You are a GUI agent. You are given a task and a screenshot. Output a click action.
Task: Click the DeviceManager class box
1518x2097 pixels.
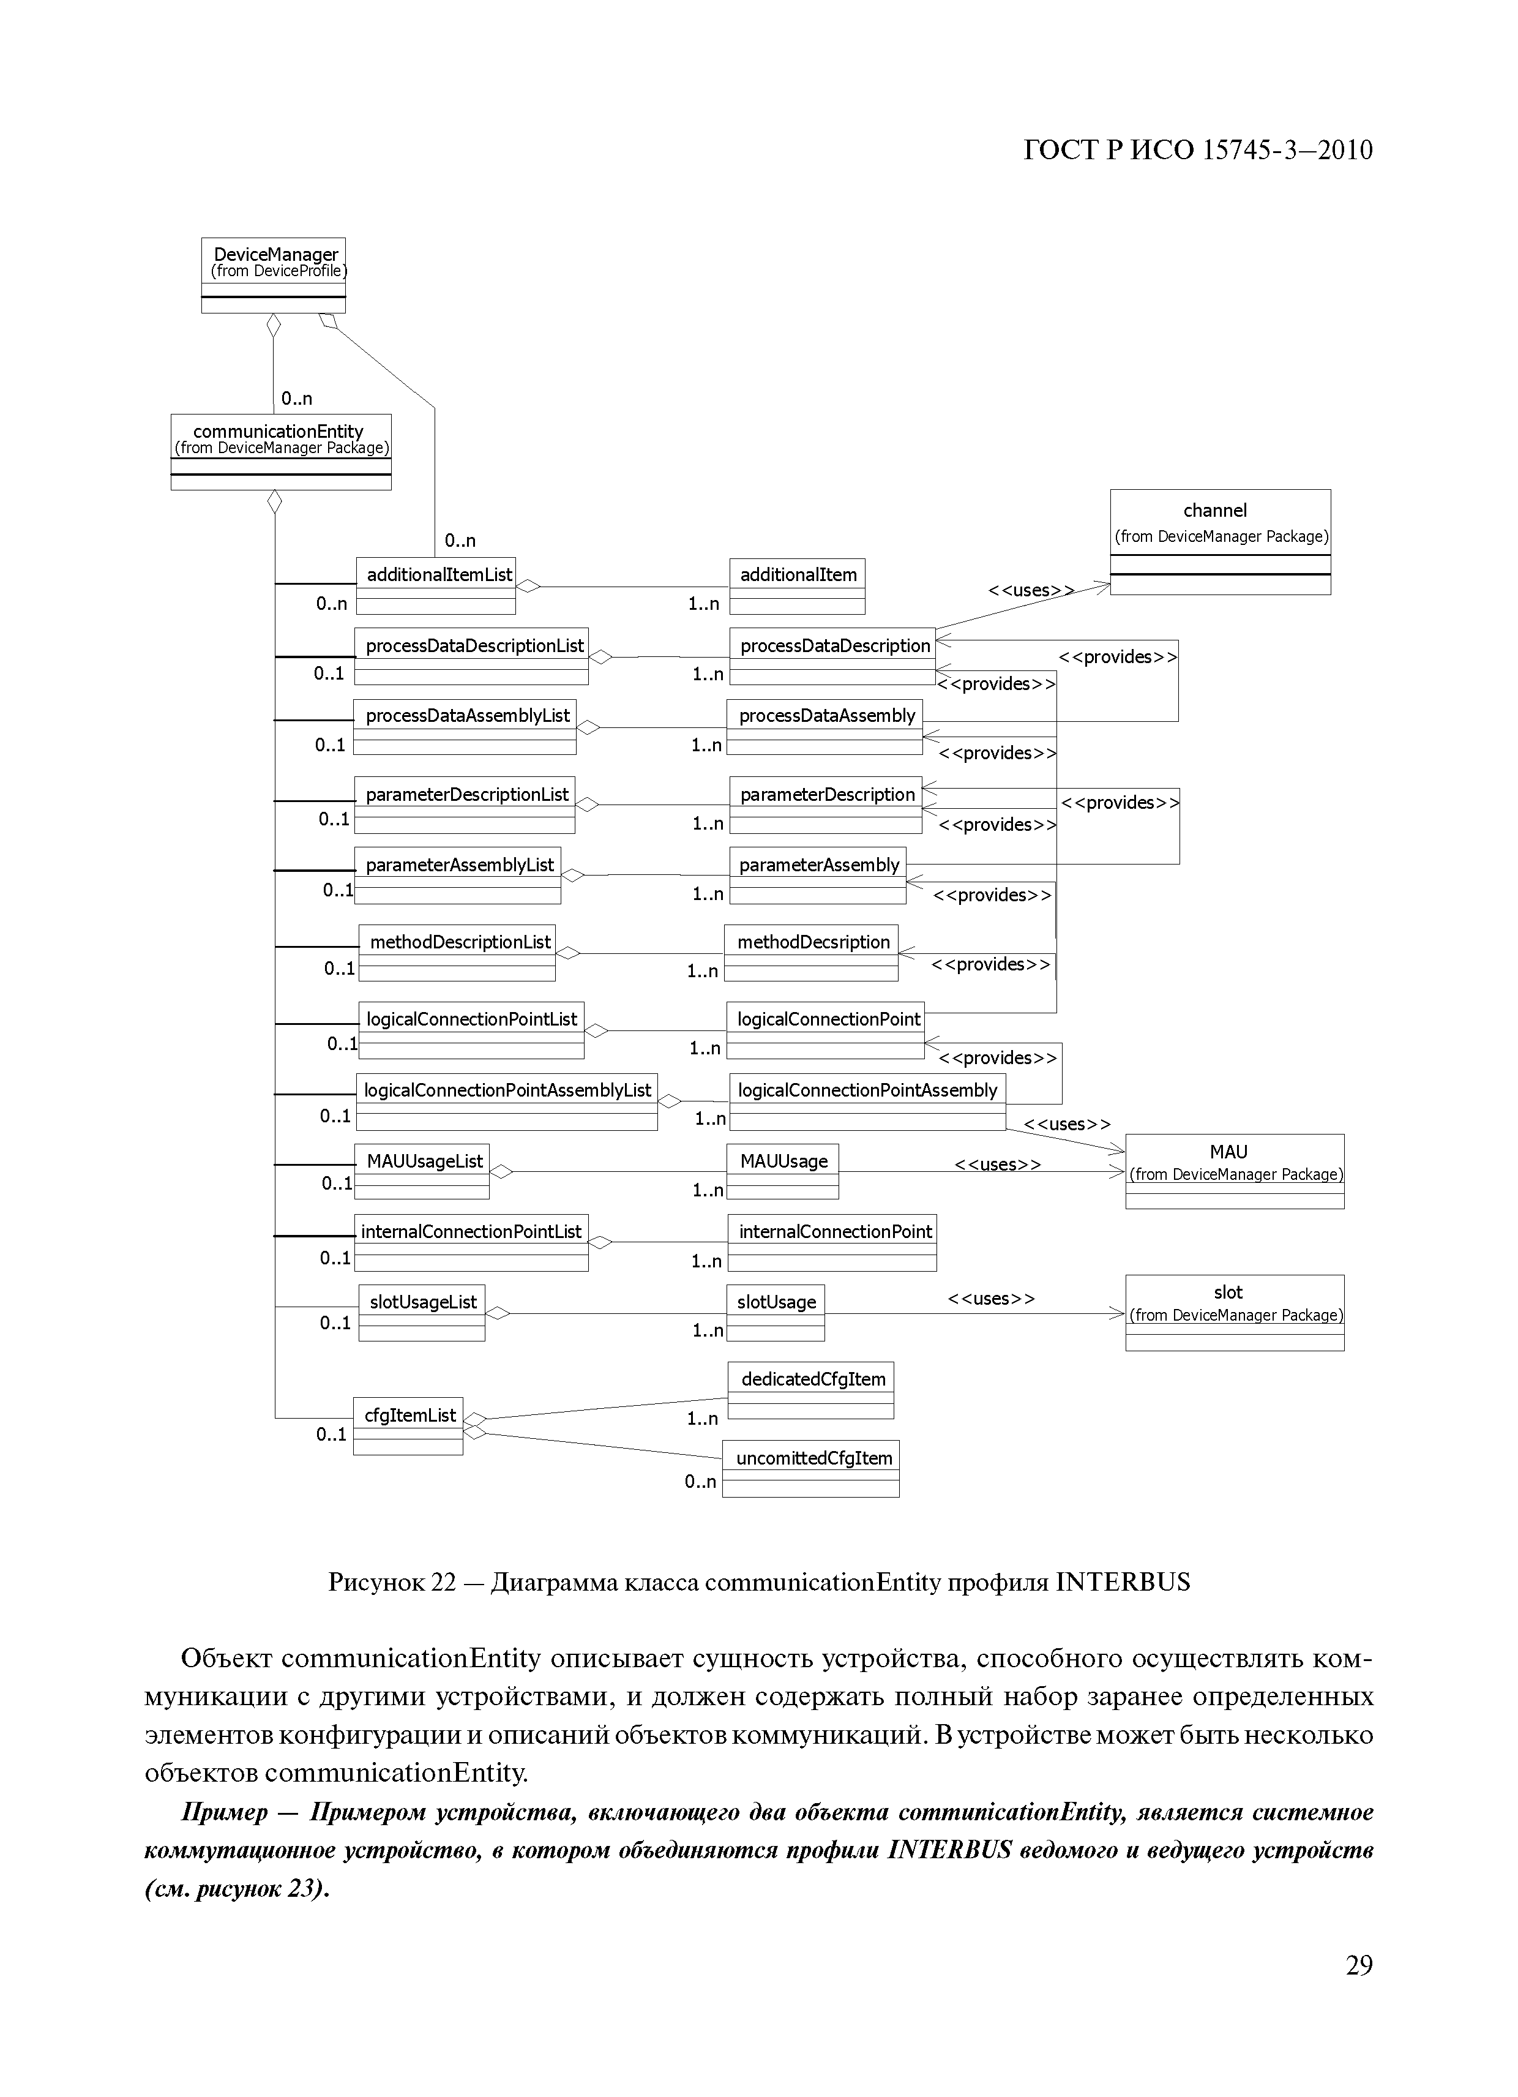pyautogui.click(x=274, y=275)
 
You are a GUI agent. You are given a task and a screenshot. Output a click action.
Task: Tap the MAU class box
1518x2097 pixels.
pyautogui.click(x=1234, y=1171)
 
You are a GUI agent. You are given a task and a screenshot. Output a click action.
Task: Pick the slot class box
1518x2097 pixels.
pyautogui.click(x=1234, y=1312)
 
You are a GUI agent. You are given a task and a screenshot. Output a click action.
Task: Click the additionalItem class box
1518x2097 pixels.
pyautogui.click(x=797, y=586)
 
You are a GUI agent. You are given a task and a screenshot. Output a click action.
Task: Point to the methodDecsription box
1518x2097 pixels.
pyautogui.click(x=811, y=952)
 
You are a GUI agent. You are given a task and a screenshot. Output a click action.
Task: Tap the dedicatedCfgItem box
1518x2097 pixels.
pyautogui.click(x=811, y=1390)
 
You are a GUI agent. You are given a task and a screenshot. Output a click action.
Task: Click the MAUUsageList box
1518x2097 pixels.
pyautogui.click(x=422, y=1171)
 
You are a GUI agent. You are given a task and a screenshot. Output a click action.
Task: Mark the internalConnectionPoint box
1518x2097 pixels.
pyautogui.click(x=832, y=1242)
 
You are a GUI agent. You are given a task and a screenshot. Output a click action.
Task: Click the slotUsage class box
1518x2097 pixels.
pyautogui.click(x=775, y=1312)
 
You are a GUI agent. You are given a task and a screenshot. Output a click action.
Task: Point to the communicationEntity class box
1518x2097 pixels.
pyautogui.click(x=281, y=451)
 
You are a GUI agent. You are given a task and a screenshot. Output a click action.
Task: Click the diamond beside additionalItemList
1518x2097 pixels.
pyautogui.click(x=528, y=585)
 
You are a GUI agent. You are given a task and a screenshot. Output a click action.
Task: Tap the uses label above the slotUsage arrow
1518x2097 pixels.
pyautogui.click(x=991, y=1298)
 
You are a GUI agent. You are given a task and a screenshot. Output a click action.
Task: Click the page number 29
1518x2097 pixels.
pyautogui.click(x=1358, y=1990)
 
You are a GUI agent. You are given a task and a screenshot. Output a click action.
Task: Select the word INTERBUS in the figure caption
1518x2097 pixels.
pyautogui.click(x=1123, y=1582)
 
